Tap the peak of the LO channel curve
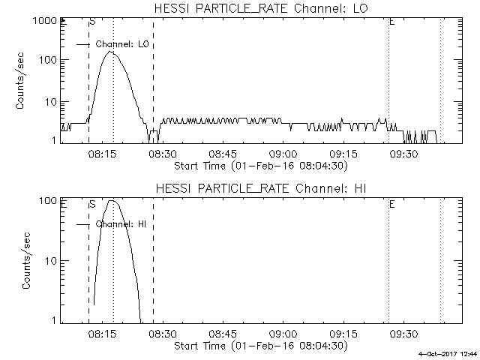pyautogui.click(x=111, y=52)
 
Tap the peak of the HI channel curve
pyautogui.click(x=112, y=200)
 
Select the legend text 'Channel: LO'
pyautogui.click(x=124, y=44)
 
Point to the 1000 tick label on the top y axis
pyautogui.click(x=44, y=22)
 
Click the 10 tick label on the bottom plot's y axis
pyautogui.click(x=49, y=261)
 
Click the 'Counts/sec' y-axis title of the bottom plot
pyautogui.click(x=26, y=261)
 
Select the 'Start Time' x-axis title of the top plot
pyautogui.click(x=260, y=166)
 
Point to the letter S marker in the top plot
pyautogui.click(x=92, y=22)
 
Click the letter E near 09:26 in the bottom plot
pyautogui.click(x=391, y=203)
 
